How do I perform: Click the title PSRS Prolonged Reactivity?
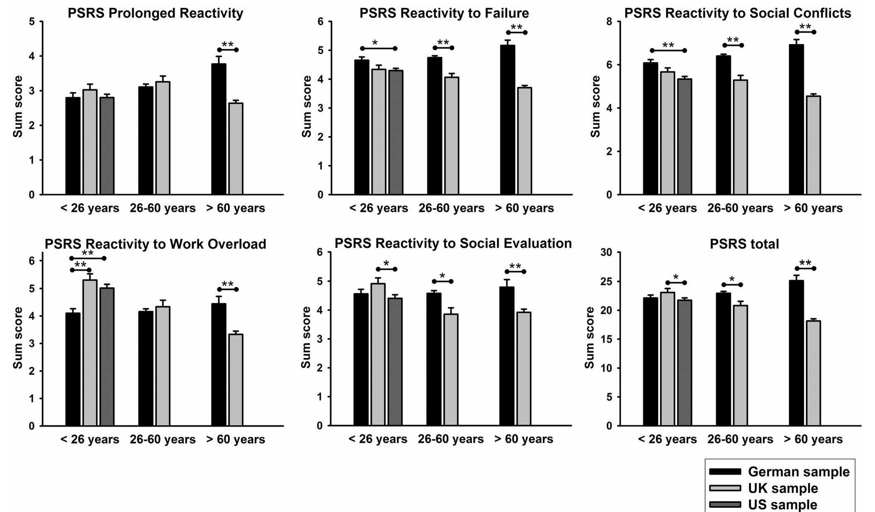[x=155, y=13]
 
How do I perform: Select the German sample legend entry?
[x=798, y=472]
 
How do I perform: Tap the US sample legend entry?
[x=782, y=505]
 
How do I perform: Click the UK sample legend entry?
[x=782, y=488]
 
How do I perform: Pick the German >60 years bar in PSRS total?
[x=796, y=353]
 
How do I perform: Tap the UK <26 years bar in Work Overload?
[x=90, y=353]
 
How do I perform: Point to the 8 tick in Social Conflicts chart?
[x=609, y=22]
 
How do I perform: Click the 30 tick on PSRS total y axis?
[x=606, y=252]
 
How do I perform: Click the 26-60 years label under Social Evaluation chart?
[x=451, y=439]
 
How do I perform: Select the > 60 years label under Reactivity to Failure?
[x=524, y=208]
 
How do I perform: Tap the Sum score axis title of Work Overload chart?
[x=18, y=337]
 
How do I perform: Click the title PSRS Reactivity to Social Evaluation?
[x=453, y=243]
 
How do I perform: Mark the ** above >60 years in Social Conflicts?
[x=805, y=27]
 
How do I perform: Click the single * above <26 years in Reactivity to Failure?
[x=375, y=43]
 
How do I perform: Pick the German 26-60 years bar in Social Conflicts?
[x=723, y=125]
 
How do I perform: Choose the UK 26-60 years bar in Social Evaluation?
[x=451, y=370]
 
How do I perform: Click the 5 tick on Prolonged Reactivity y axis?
[x=32, y=22]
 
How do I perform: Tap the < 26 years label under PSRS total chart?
[x=667, y=439]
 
